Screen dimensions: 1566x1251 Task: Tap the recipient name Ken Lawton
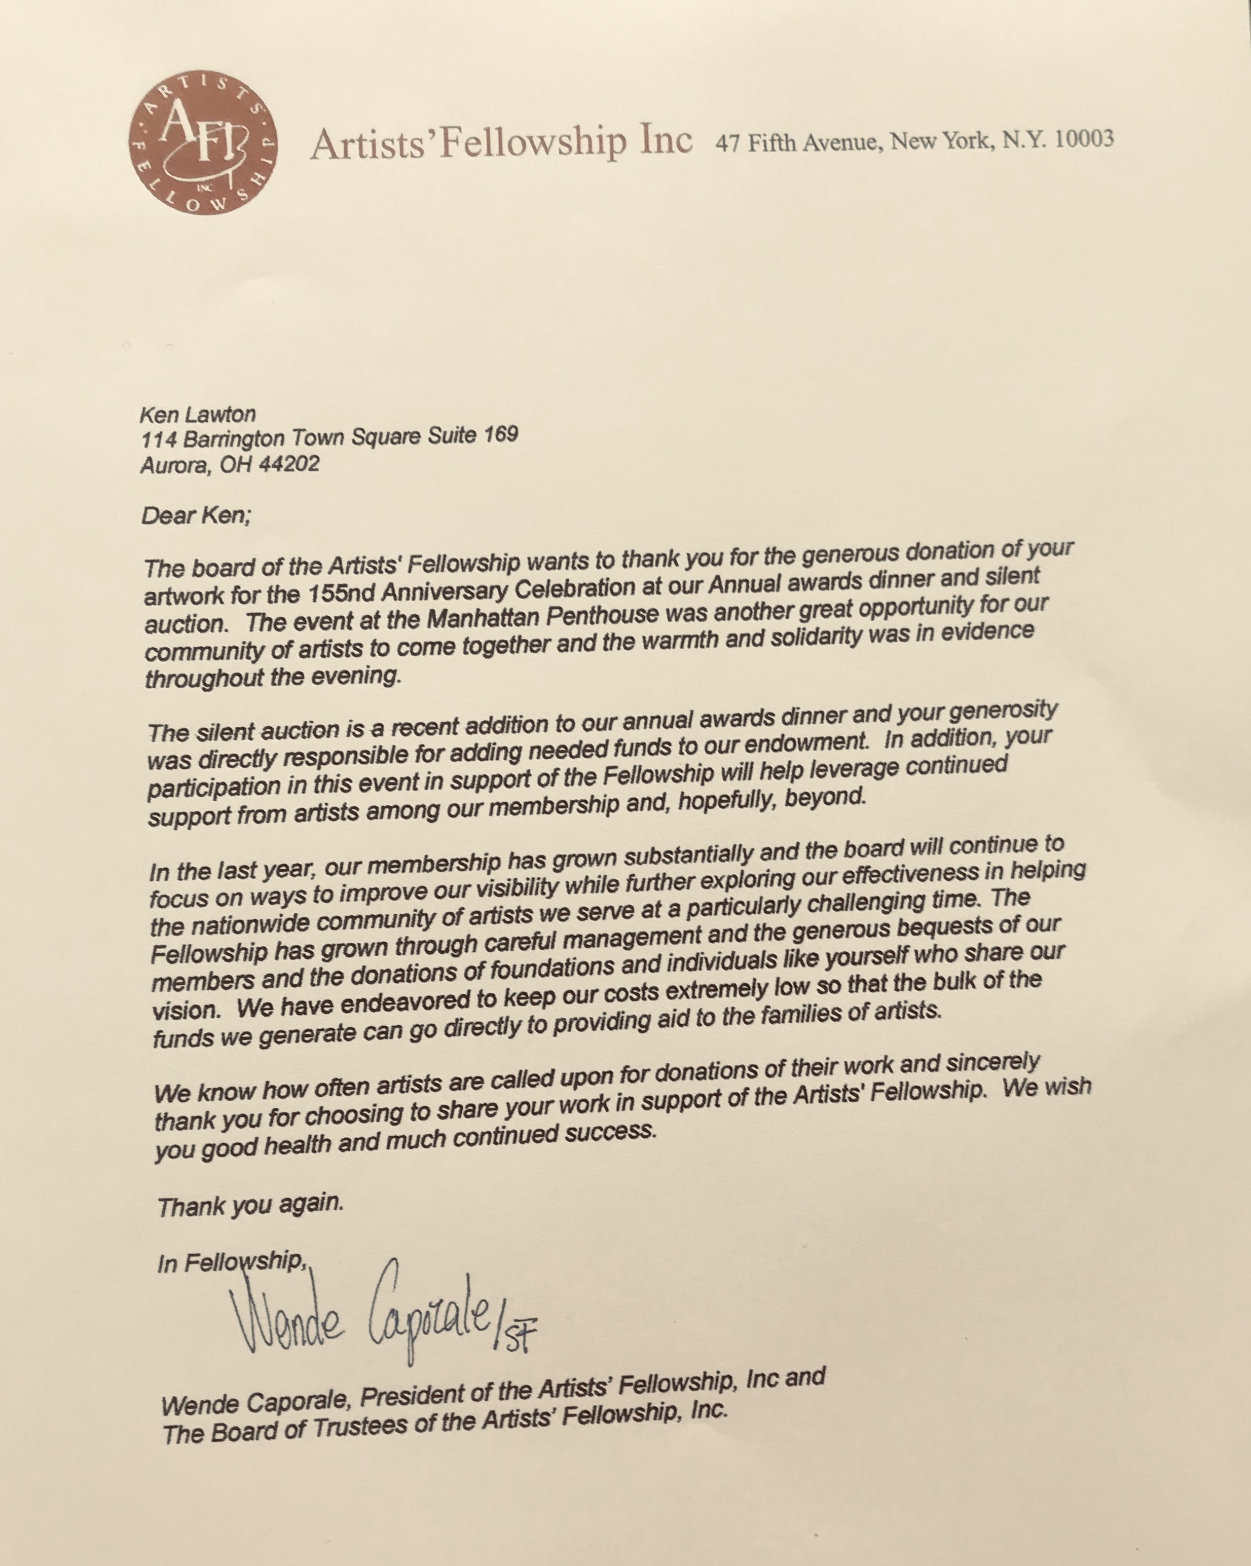pyautogui.click(x=198, y=415)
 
